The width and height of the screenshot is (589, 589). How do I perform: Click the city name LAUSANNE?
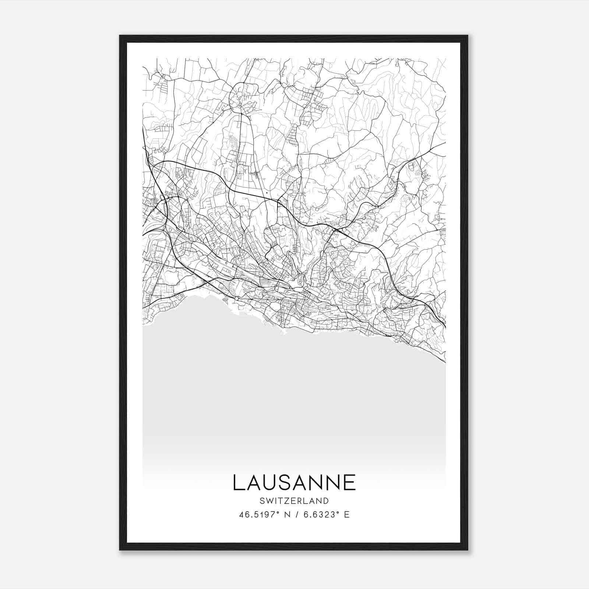pyautogui.click(x=294, y=482)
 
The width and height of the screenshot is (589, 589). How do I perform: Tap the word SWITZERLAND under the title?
pyautogui.click(x=294, y=501)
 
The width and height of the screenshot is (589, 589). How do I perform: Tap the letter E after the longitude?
pyautogui.click(x=347, y=515)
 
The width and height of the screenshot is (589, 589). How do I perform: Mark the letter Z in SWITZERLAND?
pyautogui.click(x=287, y=501)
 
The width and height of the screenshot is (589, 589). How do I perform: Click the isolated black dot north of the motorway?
pyautogui.click(x=266, y=193)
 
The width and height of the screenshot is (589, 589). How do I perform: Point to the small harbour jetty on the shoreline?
pyautogui.click(x=284, y=332)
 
